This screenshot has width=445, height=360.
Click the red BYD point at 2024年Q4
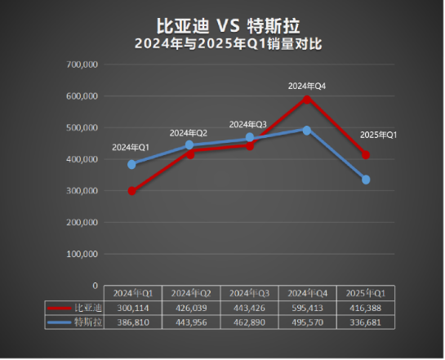point(307,99)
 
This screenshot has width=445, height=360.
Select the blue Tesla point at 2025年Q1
point(366,180)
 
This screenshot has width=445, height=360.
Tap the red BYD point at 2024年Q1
point(132,191)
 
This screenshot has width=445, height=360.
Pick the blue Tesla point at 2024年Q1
point(132,164)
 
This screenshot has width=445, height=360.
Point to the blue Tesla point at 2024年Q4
point(307,130)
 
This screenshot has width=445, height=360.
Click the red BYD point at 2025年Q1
point(366,155)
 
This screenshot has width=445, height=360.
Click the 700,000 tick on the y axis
point(82,64)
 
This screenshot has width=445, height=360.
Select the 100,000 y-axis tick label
point(82,254)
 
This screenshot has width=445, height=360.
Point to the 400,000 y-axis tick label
point(82,159)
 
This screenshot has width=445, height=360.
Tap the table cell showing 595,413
point(307,308)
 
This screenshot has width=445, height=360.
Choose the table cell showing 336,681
point(366,322)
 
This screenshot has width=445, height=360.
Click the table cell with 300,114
point(132,308)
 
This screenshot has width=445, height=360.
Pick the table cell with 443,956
point(190,322)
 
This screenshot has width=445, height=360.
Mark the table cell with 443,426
point(249,308)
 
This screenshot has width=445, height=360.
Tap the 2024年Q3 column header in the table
point(249,293)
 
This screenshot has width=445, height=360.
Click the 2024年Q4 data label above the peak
point(307,85)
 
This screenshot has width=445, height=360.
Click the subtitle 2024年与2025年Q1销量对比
point(222,44)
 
